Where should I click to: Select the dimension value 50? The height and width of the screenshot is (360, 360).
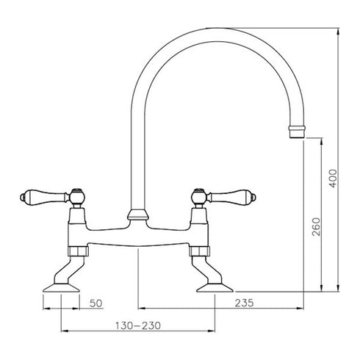click(96, 303)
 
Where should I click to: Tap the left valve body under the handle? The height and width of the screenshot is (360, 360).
click(77, 220)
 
